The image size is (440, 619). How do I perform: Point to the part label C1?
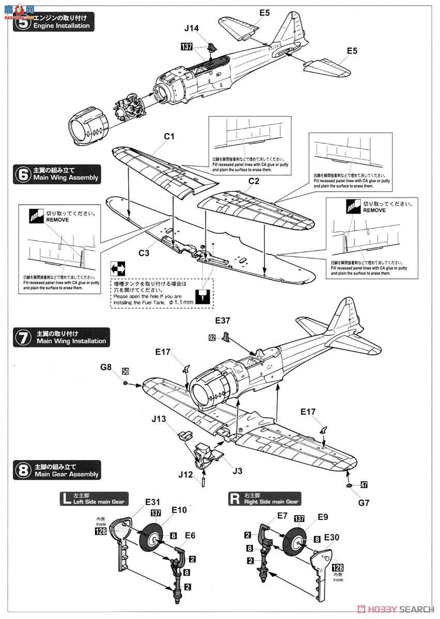pos(170,137)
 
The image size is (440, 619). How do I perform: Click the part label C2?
pos(253,182)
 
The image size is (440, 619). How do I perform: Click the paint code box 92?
pos(212,338)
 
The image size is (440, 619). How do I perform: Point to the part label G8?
pos(106,367)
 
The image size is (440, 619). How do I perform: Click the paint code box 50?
pos(125,371)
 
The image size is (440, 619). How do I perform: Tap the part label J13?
pos(159,419)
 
